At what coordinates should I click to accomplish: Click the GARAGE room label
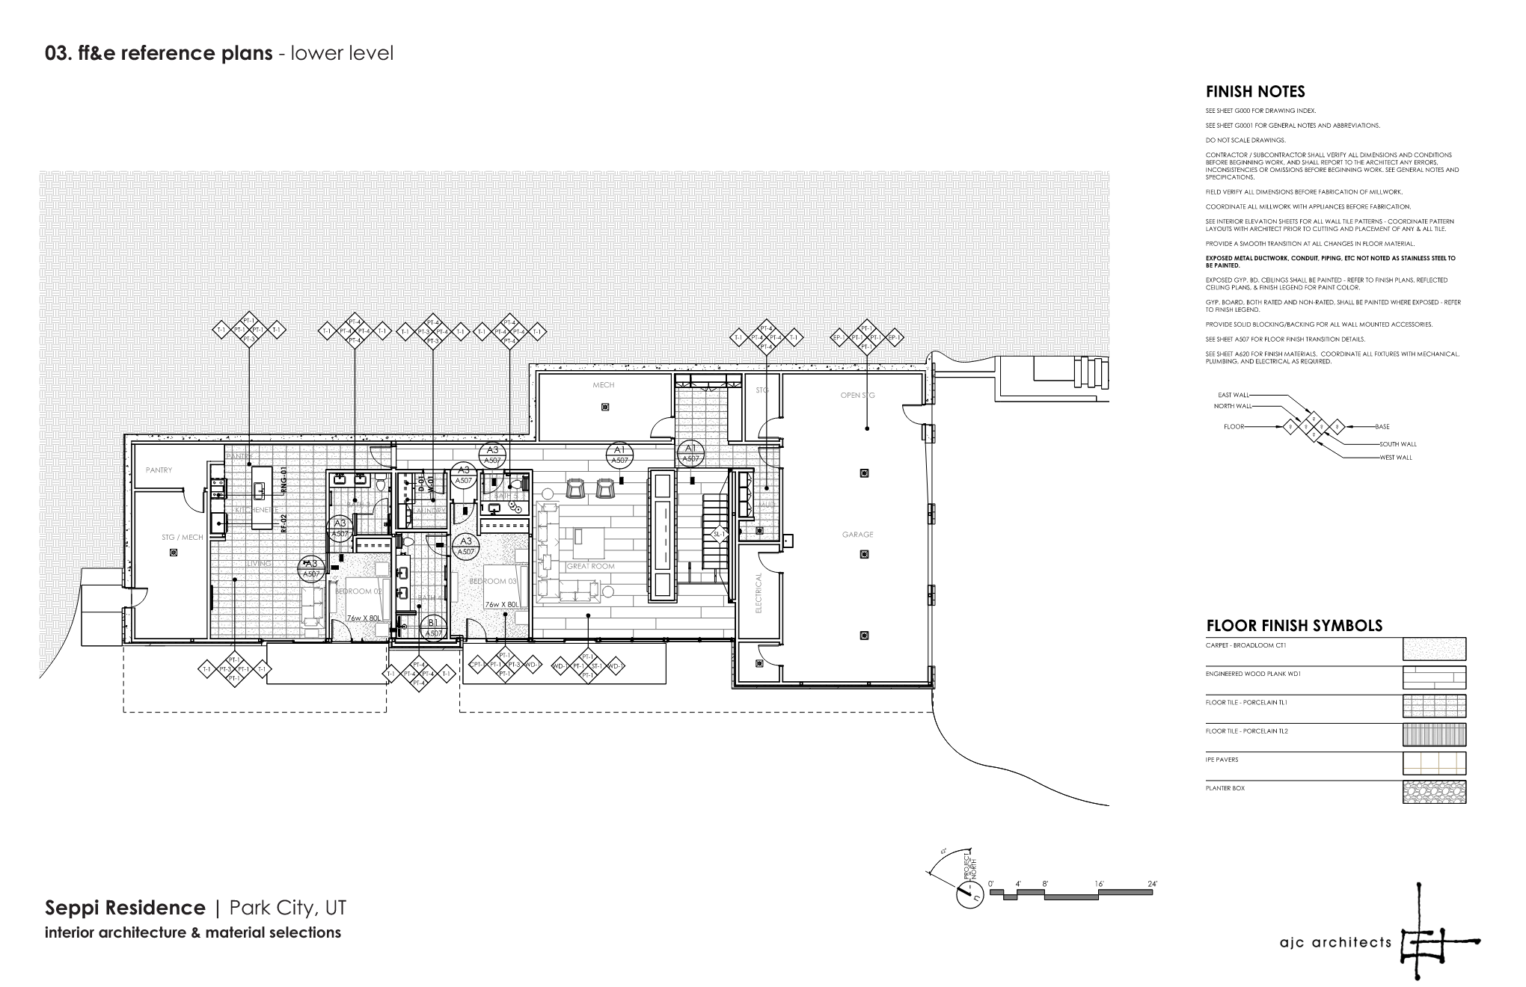pos(857,535)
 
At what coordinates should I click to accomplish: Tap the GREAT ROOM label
pos(590,566)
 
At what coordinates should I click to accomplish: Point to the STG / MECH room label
pos(182,537)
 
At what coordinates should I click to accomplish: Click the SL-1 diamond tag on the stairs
pos(718,535)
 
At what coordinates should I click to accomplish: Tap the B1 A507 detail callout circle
pos(433,627)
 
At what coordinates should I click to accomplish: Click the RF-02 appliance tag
pos(284,522)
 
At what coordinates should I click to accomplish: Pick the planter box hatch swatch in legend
pos(1433,792)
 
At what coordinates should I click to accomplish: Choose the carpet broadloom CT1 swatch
pos(1433,648)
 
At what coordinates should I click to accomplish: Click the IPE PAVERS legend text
pos(1222,760)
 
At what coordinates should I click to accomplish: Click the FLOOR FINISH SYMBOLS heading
pos(1293,626)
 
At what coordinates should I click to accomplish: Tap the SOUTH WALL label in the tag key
pos(1397,444)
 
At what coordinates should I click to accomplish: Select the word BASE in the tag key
pos(1382,427)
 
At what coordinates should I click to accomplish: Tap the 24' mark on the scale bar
pos(1152,884)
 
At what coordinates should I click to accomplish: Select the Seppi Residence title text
pos(125,908)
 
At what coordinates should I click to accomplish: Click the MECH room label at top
pos(603,385)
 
